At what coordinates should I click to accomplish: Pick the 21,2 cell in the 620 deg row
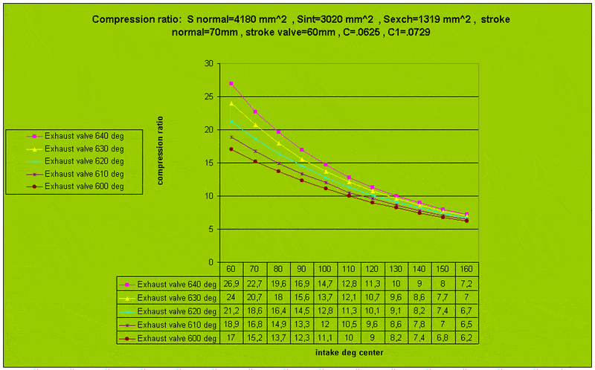pyautogui.click(x=231, y=311)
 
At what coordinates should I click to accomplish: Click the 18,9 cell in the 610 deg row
pyautogui.click(x=231, y=325)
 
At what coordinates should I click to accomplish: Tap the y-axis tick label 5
pyautogui.click(x=211, y=229)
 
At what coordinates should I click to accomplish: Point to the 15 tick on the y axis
pyautogui.click(x=209, y=163)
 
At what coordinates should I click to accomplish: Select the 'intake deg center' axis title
pyautogui.click(x=348, y=352)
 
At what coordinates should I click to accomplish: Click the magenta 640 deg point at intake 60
pyautogui.click(x=231, y=83)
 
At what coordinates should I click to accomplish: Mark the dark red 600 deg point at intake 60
pyautogui.click(x=231, y=149)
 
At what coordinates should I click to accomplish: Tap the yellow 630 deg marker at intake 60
pyautogui.click(x=231, y=103)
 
